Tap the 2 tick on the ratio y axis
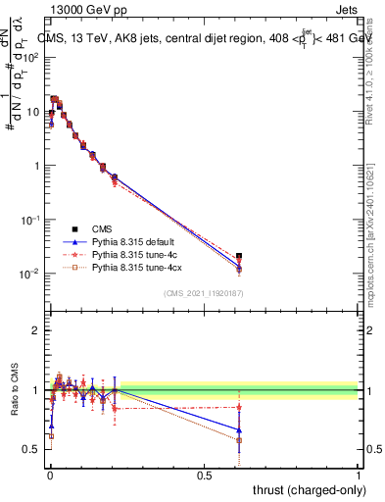[36, 330]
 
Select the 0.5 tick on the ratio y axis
[33, 449]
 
